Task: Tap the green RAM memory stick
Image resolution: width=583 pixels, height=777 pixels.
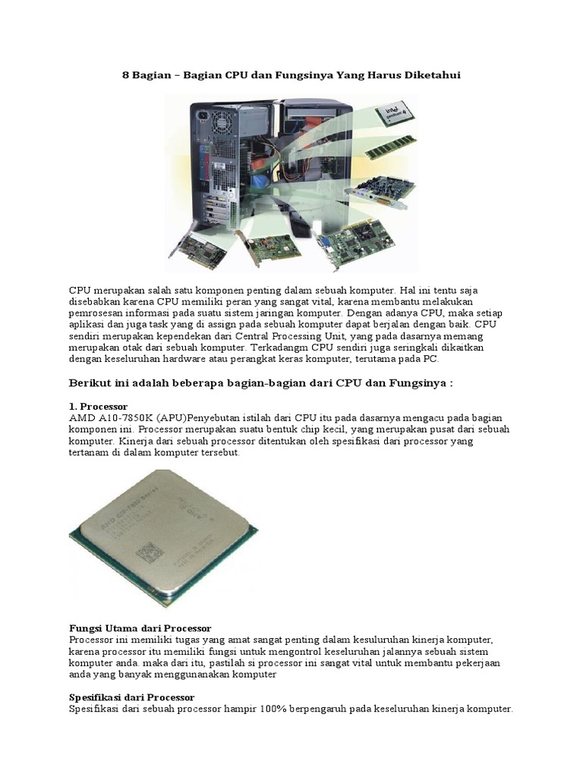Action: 391,147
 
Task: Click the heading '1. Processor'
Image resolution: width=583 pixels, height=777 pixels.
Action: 98,407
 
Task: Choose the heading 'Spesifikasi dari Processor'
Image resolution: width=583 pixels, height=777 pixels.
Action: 131,697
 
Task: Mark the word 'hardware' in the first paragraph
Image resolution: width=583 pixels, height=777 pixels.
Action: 190,359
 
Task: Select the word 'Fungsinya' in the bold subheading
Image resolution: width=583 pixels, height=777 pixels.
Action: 420,383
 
